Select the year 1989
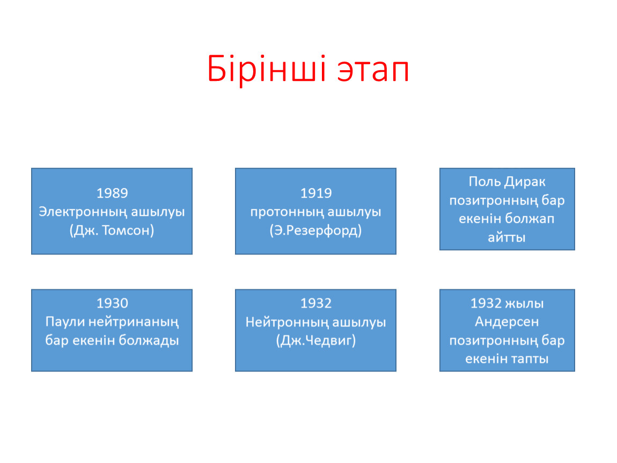pyautogui.click(x=112, y=193)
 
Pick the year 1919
pyautogui.click(x=316, y=193)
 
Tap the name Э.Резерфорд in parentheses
pyautogui.click(x=315, y=230)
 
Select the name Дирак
pyautogui.click(x=525, y=182)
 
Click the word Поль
pyautogui.click(x=484, y=182)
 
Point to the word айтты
pyautogui.click(x=507, y=238)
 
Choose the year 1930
pyautogui.click(x=112, y=303)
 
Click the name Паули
pyautogui.click(x=64, y=322)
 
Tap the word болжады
pyautogui.click(x=149, y=340)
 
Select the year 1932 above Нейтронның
pyautogui.click(x=316, y=303)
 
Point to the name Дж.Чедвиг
pyautogui.click(x=315, y=340)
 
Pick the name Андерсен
pyautogui.click(x=507, y=322)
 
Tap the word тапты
pyautogui.click(x=528, y=359)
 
